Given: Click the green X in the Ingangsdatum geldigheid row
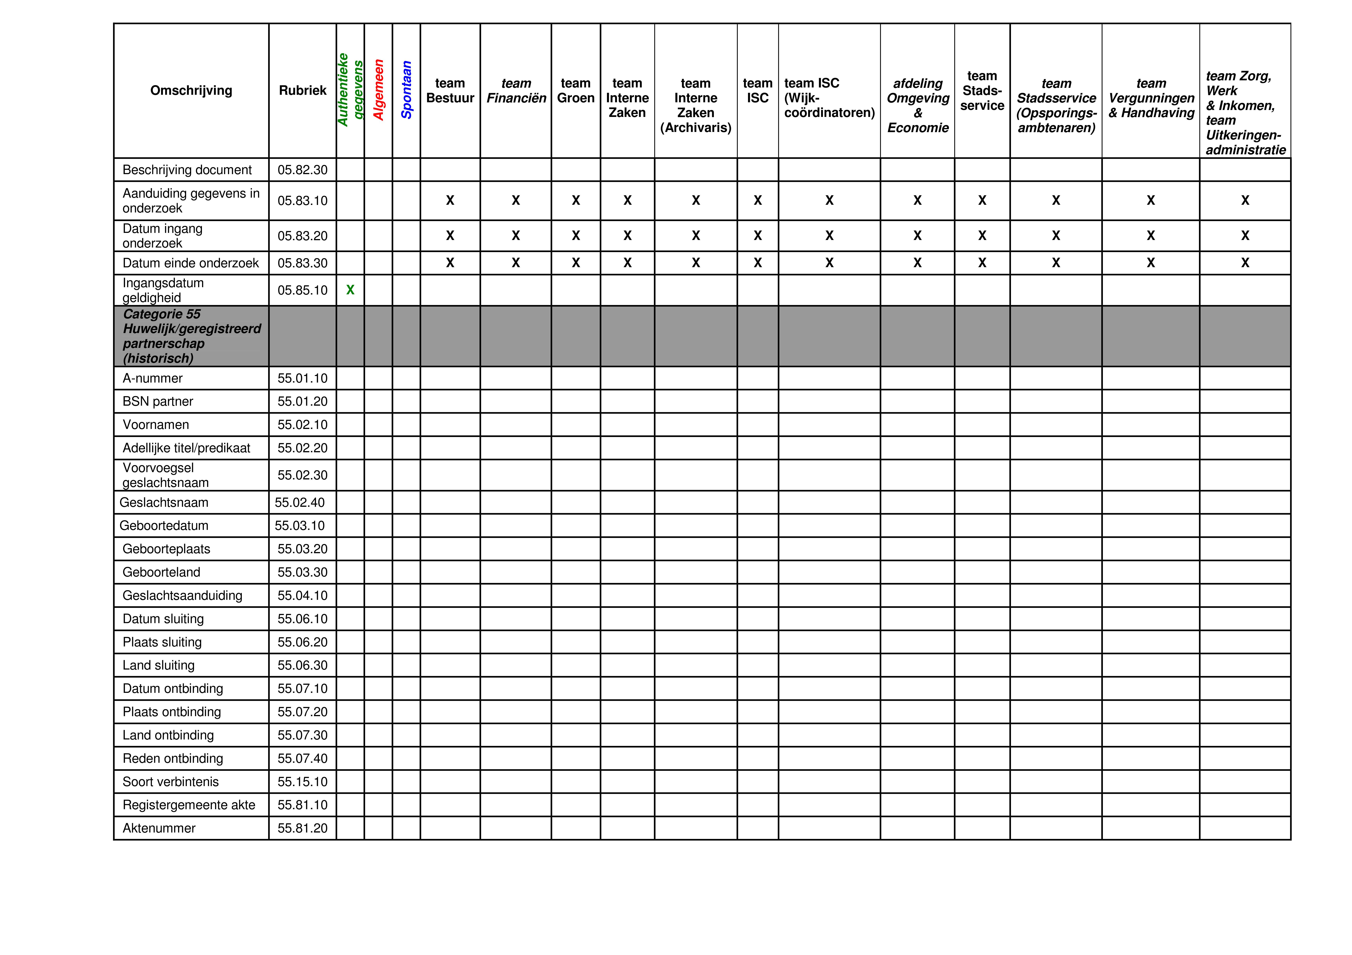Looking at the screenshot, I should point(350,290).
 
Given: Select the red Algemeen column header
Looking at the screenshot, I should point(379,90).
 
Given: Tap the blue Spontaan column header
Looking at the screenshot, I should point(406,90).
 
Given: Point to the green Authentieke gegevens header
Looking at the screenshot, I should point(350,90).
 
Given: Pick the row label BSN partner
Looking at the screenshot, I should point(158,402).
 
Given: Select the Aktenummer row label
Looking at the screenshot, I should point(159,828).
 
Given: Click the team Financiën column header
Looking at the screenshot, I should point(516,91).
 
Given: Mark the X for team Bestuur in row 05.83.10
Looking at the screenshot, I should point(450,201).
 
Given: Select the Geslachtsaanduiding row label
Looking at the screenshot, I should point(182,596).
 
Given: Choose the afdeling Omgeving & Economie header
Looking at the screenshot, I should point(918,105).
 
